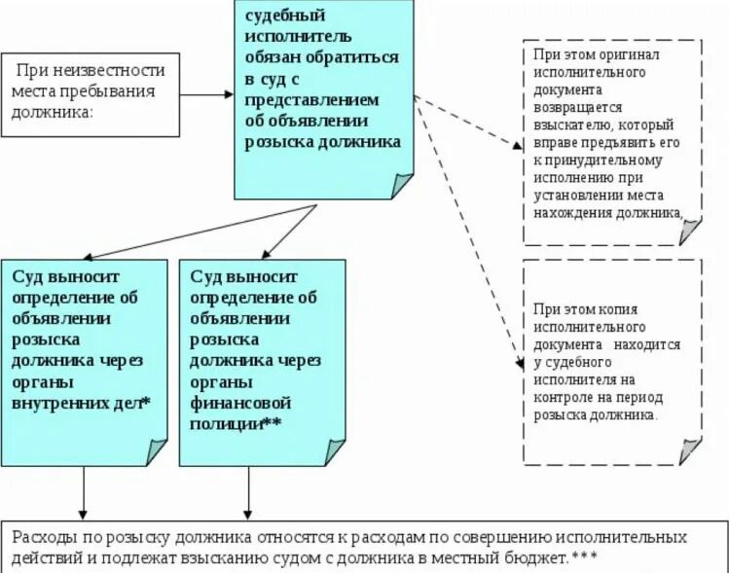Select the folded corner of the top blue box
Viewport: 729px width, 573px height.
pyautogui.click(x=400, y=185)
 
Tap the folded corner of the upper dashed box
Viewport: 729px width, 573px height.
pyautogui.click(x=689, y=231)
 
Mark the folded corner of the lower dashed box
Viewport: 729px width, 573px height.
pyautogui.click(x=689, y=450)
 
